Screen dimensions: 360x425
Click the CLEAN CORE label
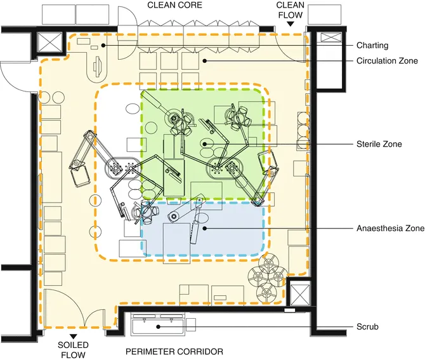coord(174,5)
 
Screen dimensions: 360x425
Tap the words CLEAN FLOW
coord(290,10)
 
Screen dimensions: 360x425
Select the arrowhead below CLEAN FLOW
coord(290,23)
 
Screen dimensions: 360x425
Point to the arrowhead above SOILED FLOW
coord(74,335)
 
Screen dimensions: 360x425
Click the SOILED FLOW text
coord(74,350)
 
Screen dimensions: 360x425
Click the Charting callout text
coord(372,46)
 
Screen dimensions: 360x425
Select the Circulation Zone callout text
coord(387,61)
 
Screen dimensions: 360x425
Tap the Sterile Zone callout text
coord(379,144)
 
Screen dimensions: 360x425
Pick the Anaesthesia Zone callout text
coord(387,227)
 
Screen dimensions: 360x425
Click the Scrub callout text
coord(367,327)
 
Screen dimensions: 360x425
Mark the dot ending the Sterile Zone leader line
coord(204,144)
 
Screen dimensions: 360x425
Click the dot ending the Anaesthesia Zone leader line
coord(204,227)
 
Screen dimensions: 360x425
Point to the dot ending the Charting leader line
coord(103,45)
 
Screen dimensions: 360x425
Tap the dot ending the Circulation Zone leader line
coord(204,61)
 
